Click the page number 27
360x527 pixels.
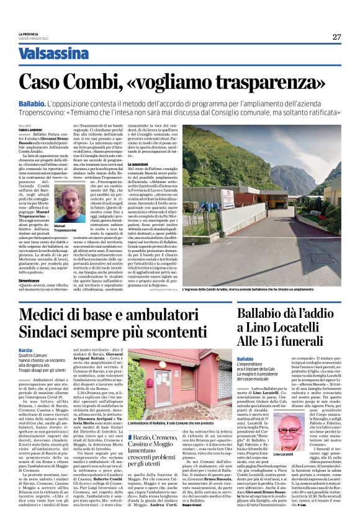336,37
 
